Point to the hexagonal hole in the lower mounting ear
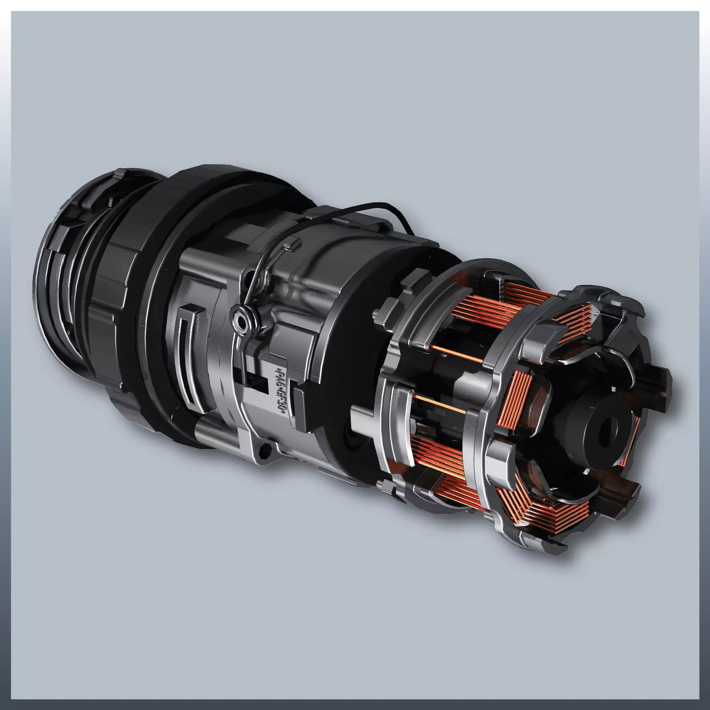coord(262,453)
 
